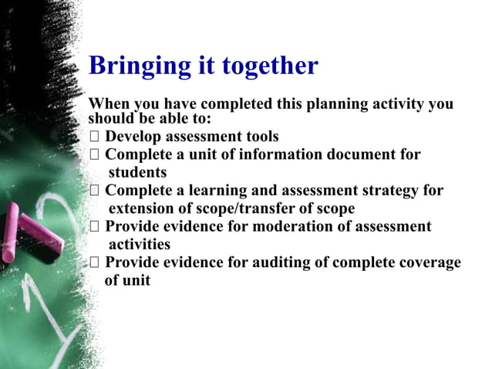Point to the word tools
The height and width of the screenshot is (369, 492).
(x=259, y=137)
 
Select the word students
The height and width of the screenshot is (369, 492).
(x=137, y=172)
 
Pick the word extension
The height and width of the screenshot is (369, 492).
(x=143, y=208)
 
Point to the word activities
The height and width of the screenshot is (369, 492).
(x=140, y=245)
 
